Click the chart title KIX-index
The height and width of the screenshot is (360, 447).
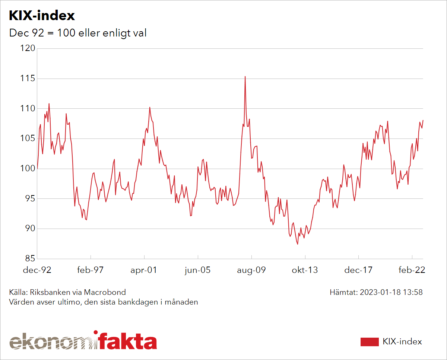(42, 16)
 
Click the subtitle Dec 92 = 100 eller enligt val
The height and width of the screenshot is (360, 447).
(77, 33)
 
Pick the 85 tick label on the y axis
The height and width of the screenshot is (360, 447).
(30, 258)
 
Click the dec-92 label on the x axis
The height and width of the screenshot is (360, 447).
(37, 270)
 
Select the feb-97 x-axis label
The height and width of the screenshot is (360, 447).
(90, 270)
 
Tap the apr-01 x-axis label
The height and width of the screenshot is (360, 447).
(144, 270)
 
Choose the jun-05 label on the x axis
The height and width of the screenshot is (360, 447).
(197, 270)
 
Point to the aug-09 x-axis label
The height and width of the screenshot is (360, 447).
(251, 270)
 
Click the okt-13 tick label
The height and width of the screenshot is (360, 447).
(305, 270)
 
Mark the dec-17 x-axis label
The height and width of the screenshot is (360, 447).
(358, 270)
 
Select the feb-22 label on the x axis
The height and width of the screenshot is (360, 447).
(412, 270)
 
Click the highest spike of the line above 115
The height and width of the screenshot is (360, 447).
(245, 77)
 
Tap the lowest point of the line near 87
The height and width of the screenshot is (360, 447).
(297, 244)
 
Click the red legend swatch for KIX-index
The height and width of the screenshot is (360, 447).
(370, 342)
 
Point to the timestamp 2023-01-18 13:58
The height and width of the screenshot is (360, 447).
(391, 292)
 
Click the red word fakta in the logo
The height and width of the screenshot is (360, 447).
(127, 342)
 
